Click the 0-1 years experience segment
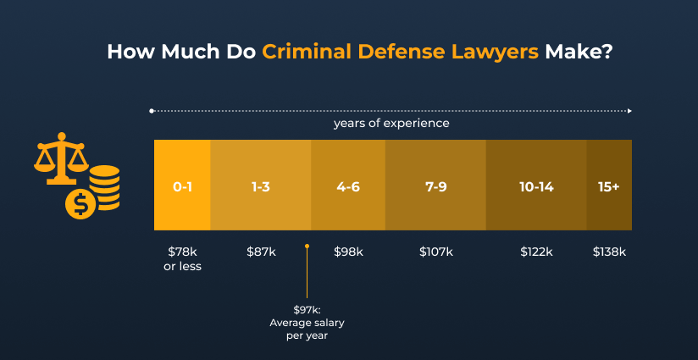(182, 186)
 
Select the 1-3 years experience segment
(260, 186)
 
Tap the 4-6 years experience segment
(348, 186)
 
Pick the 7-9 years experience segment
(435, 186)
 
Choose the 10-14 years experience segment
(535, 186)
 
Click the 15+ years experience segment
(608, 186)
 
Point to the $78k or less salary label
(182, 258)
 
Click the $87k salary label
(260, 252)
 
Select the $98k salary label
(348, 252)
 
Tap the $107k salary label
(435, 252)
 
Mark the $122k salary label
(535, 252)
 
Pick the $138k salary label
(608, 252)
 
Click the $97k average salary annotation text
(307, 323)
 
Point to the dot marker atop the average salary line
(307, 246)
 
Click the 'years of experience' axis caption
(391, 124)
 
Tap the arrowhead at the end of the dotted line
(629, 111)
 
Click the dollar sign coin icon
(80, 204)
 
